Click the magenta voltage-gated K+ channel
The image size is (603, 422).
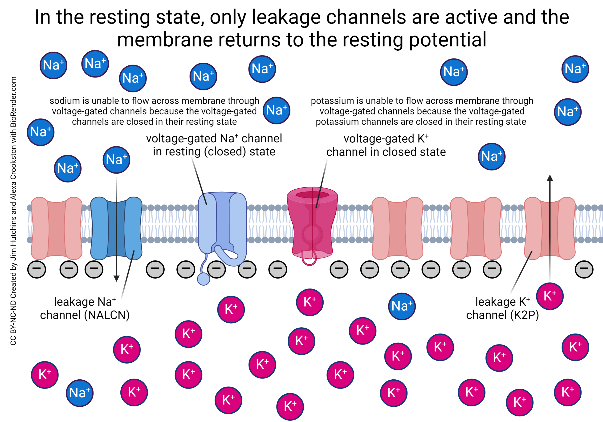tap(312, 223)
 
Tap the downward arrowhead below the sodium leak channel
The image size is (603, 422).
tap(116, 278)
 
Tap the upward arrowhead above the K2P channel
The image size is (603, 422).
tap(550, 178)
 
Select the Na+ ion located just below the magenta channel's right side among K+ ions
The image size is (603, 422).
tap(402, 306)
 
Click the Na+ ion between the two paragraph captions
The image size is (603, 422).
tap(276, 110)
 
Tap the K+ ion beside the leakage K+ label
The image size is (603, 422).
tap(550, 296)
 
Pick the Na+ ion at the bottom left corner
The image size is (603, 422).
tap(80, 393)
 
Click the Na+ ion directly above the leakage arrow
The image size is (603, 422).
tap(116, 160)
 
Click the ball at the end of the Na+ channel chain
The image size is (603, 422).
tap(203, 279)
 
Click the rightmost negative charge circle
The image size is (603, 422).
tap(584, 269)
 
